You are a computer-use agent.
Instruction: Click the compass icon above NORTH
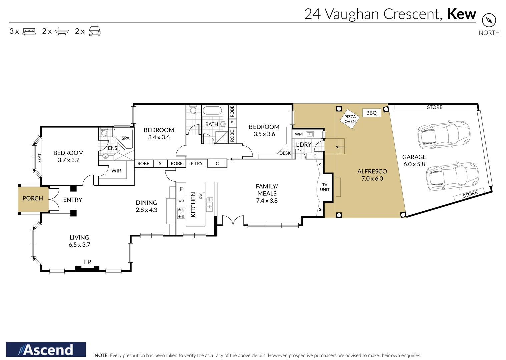pos(489,21)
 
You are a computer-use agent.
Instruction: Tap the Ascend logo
pos(46,349)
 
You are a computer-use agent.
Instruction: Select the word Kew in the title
pos(461,14)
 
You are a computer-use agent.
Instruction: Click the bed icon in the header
pos(29,31)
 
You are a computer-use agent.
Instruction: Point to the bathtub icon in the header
pos(62,31)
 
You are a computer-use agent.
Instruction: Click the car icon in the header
pos(95,31)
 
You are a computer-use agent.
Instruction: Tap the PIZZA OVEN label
pos(350,119)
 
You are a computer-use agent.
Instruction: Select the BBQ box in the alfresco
pos(371,113)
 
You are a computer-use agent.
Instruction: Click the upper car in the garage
pos(443,135)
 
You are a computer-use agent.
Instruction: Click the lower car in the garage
pos(452,176)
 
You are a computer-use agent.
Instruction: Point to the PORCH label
pos(33,198)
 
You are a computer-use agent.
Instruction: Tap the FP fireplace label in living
pos(87,262)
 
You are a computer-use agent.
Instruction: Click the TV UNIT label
pos(325,187)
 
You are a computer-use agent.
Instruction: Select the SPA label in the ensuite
pos(125,138)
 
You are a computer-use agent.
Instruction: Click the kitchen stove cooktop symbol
pos(181,213)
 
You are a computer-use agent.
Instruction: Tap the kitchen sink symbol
pos(209,204)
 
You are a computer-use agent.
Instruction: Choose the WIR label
pos(116,171)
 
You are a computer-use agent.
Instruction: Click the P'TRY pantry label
pos(197,164)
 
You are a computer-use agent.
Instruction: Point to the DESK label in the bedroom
pos(285,153)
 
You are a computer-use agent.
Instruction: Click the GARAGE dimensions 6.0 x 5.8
pos(414,164)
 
